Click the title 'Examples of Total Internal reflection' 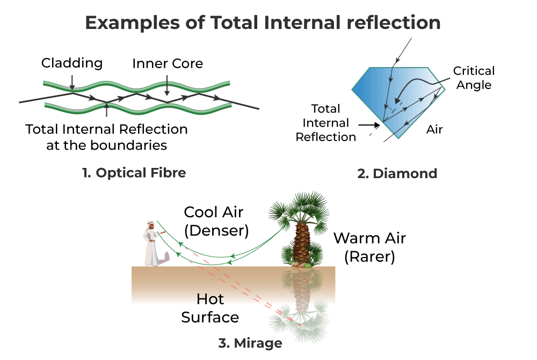(263, 23)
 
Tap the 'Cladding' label (72, 63)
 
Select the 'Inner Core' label (168, 63)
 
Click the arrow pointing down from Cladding (72, 83)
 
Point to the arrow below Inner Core (167, 85)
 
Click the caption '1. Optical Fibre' (134, 173)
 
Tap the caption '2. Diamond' (397, 173)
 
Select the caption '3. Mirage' (250, 343)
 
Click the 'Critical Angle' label (474, 78)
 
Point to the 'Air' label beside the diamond (434, 129)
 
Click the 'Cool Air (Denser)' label (216, 222)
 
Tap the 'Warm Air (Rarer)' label (369, 247)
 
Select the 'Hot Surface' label (210, 308)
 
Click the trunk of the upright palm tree (301, 243)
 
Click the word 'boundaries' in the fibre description (128, 145)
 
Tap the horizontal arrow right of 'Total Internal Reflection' (369, 125)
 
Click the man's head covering (150, 224)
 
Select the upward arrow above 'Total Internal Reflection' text (106, 110)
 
